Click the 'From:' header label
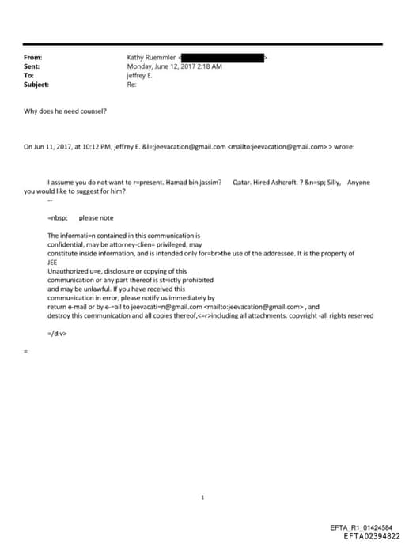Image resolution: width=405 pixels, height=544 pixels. click(x=33, y=58)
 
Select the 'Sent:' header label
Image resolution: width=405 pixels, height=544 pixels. click(x=33, y=66)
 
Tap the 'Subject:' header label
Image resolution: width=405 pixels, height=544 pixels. click(x=36, y=84)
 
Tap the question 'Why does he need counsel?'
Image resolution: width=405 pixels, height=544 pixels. click(x=65, y=111)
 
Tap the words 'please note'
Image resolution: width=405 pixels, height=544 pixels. click(x=96, y=217)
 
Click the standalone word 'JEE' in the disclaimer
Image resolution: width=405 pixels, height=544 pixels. click(x=53, y=262)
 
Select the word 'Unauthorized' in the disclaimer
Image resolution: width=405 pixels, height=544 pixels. click(x=66, y=270)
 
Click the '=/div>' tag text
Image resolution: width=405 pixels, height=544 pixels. click(x=58, y=333)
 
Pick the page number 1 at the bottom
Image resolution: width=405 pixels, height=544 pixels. click(x=202, y=497)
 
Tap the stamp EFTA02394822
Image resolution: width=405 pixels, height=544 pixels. click(x=371, y=535)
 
